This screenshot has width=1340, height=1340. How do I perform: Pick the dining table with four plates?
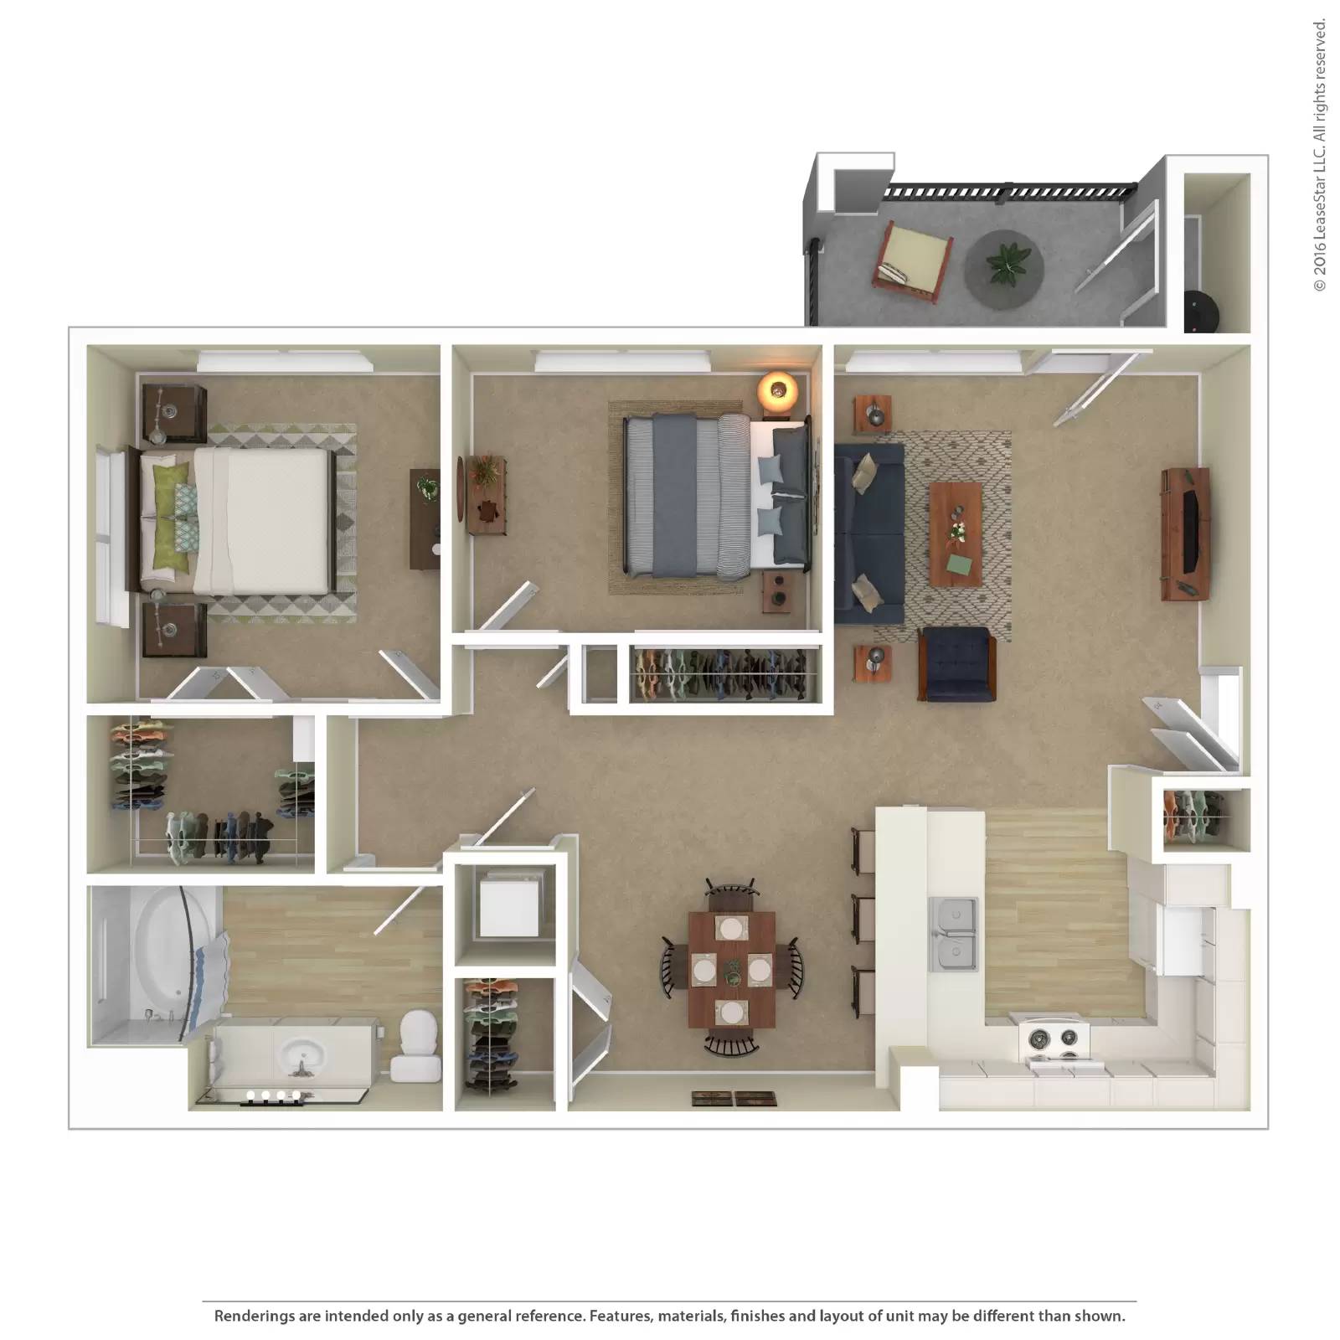[732, 970]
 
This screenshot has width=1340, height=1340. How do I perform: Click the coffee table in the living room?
[956, 534]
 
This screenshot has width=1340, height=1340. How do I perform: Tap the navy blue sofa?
[869, 533]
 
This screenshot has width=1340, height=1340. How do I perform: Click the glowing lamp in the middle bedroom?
[778, 390]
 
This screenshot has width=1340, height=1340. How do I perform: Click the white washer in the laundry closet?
[508, 904]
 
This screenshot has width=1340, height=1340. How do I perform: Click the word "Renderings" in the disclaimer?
[255, 1317]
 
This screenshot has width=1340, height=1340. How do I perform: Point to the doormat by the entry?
[734, 1099]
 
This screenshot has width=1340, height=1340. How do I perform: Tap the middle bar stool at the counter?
[863, 920]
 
